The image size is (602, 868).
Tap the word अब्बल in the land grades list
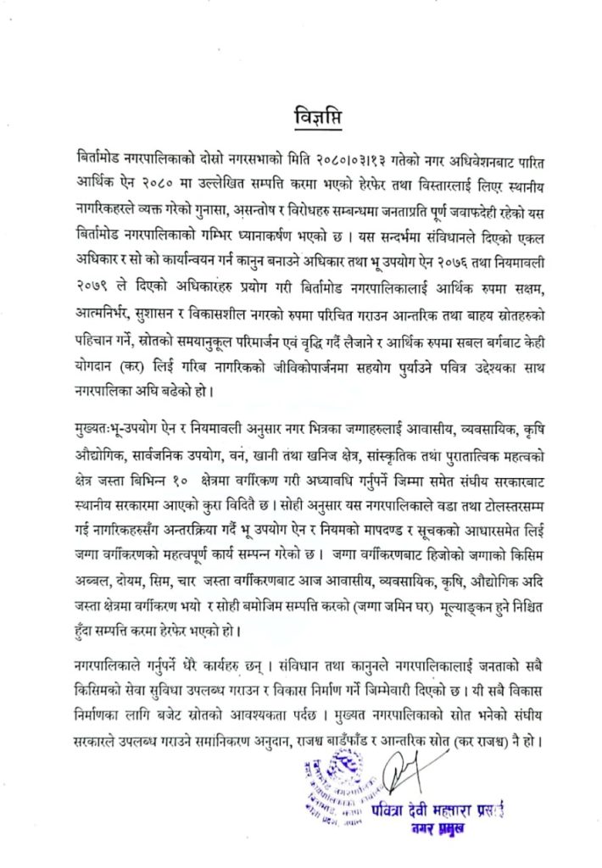(94, 585)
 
